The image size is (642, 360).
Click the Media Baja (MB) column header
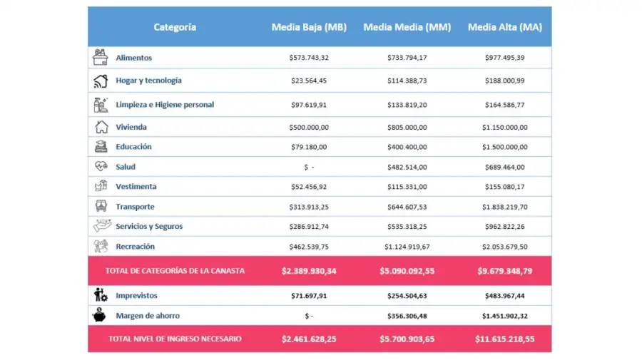pyautogui.click(x=309, y=27)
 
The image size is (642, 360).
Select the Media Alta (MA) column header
pyautogui.click(x=505, y=27)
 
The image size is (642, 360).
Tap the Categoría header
pyautogui.click(x=175, y=27)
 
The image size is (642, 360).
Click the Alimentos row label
pyautogui.click(x=133, y=58)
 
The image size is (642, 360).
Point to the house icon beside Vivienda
pyautogui.click(x=101, y=127)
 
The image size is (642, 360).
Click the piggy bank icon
pyautogui.click(x=101, y=315)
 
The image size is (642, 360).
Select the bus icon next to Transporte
pyautogui.click(x=101, y=206)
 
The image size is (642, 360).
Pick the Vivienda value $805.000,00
pyautogui.click(x=407, y=127)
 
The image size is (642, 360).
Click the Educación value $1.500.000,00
pyautogui.click(x=504, y=147)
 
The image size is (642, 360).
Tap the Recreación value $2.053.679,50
pyautogui.click(x=504, y=247)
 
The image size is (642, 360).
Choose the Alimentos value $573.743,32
pyautogui.click(x=309, y=58)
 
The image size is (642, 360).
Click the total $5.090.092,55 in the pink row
pyautogui.click(x=407, y=271)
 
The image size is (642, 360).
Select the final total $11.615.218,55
pyautogui.click(x=504, y=339)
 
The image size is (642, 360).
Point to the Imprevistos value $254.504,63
pyautogui.click(x=407, y=295)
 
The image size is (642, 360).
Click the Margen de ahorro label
pyautogui.click(x=148, y=315)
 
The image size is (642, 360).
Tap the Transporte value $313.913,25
pyautogui.click(x=309, y=207)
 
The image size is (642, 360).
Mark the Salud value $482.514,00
pyautogui.click(x=407, y=167)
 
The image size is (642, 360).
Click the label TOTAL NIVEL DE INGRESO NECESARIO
pyautogui.click(x=175, y=339)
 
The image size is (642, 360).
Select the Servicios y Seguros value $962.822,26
pyautogui.click(x=504, y=227)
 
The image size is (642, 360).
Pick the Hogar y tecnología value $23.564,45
pyautogui.click(x=309, y=81)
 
